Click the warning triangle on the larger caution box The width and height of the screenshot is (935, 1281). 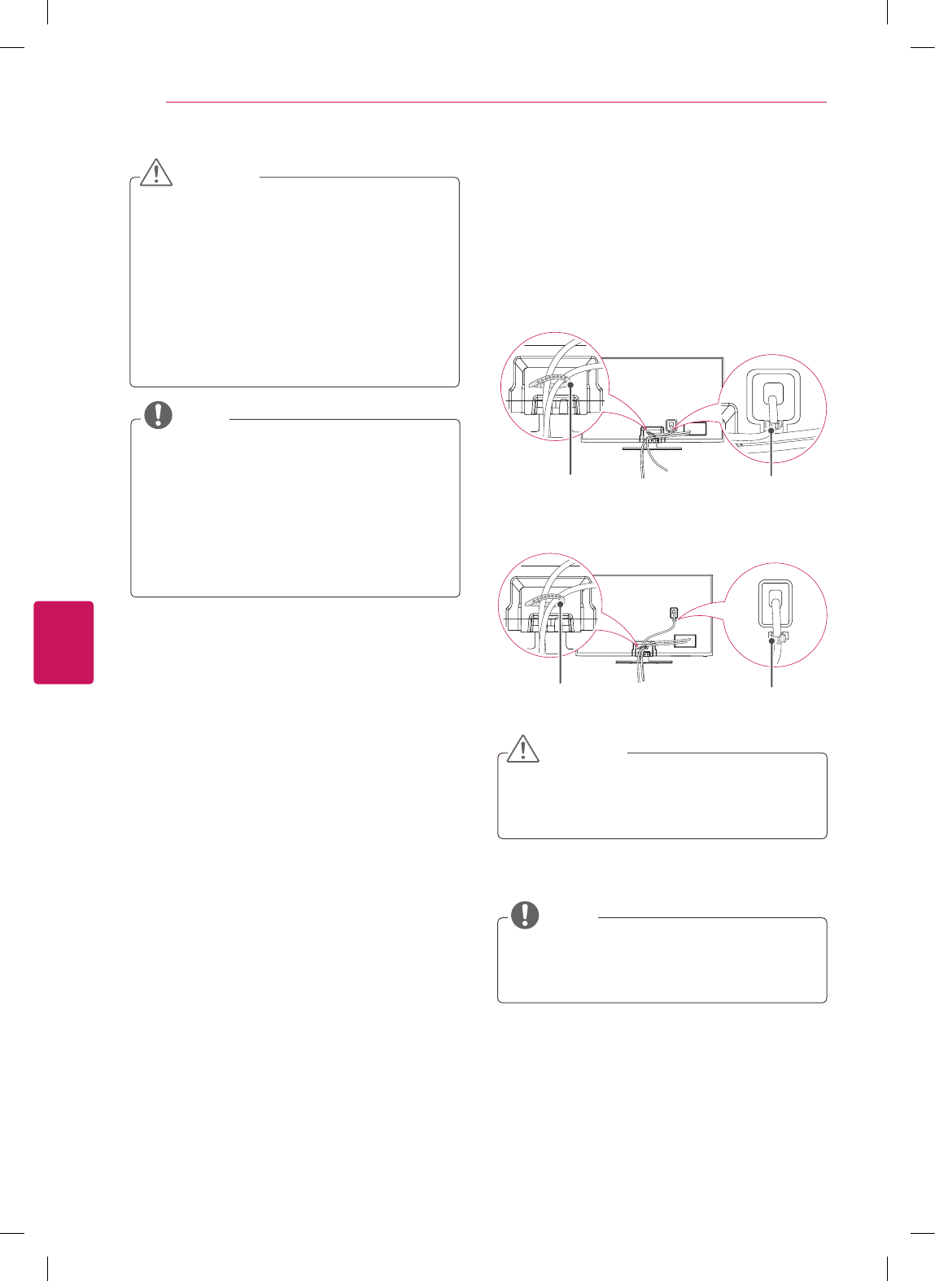coord(156,172)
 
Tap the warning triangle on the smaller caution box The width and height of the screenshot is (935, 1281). coord(523,748)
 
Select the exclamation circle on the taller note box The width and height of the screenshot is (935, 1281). coord(159,415)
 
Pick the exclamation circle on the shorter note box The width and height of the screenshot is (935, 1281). coord(525,915)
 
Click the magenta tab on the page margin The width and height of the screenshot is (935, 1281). coord(63,642)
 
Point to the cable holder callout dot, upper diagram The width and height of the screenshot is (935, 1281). coord(571,385)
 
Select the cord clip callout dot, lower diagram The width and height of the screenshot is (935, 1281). coord(771,640)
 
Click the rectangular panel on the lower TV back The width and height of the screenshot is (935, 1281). coord(684,640)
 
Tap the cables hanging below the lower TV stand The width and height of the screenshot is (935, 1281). coord(640,672)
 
